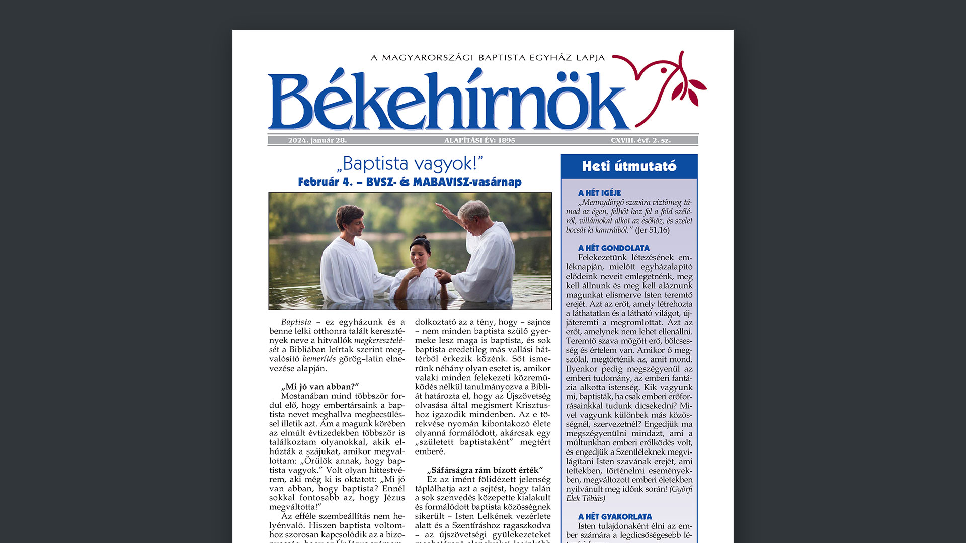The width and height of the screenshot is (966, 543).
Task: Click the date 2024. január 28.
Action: (317, 140)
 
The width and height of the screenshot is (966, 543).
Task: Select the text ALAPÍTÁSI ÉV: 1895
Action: (479, 140)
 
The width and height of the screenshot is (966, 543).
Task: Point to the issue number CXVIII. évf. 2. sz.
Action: (640, 140)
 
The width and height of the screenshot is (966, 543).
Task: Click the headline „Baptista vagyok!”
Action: (410, 164)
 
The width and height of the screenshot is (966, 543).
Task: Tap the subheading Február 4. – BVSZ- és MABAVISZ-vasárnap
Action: (410, 182)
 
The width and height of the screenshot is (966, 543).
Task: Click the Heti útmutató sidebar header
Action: (629, 166)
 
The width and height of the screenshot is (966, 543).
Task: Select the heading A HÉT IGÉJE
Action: (599, 193)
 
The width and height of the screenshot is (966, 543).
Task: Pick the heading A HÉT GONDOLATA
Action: (613, 248)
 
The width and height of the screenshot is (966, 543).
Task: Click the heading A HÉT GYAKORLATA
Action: (614, 517)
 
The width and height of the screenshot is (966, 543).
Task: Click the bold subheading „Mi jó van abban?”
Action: (320, 387)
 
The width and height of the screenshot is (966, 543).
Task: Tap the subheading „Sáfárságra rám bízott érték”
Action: (485, 470)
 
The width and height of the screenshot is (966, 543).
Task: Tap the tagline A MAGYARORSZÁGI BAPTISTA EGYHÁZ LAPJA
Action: (488, 58)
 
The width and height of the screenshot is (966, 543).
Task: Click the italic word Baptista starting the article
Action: (296, 322)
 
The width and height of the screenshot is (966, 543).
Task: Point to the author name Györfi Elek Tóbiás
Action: (629, 494)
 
